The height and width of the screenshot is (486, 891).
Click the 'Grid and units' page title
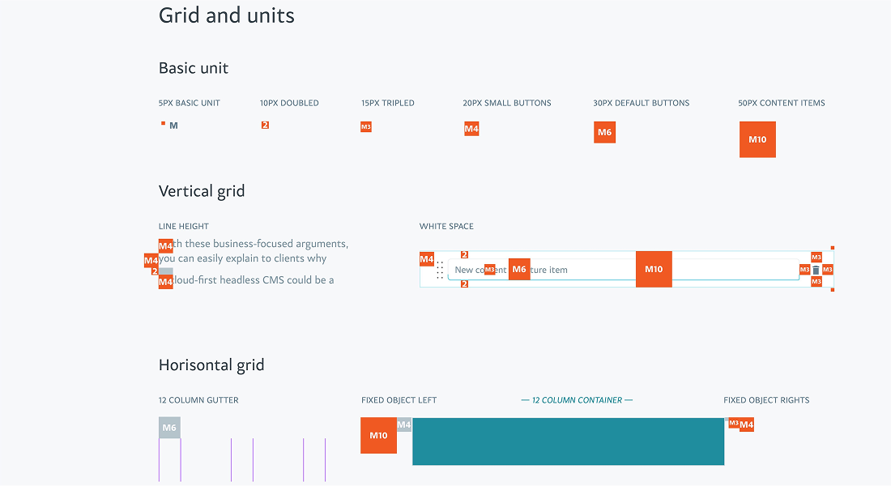pos(227,15)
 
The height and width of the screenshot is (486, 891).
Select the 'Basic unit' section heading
pos(194,68)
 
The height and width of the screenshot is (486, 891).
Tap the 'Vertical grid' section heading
pos(202,191)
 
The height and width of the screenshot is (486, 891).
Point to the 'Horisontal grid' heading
pos(211,364)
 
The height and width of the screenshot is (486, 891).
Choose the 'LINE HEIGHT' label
pos(184,227)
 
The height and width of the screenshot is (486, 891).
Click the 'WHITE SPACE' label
pos(446,227)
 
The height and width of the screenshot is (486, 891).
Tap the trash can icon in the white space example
pos(816,270)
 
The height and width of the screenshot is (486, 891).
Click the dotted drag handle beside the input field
pos(440,270)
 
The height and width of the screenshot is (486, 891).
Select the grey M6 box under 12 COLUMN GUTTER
pos(169,428)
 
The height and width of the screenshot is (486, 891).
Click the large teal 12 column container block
pos(568,441)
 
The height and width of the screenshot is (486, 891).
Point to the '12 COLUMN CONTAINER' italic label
pos(577,400)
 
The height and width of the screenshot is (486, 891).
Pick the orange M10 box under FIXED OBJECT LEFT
pos(378,435)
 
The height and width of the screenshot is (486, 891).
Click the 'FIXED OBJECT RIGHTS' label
pos(766,400)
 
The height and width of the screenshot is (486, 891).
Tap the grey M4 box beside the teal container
pos(404,424)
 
